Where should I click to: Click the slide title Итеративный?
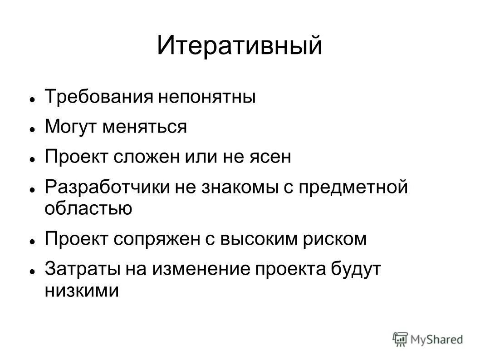pos(240,46)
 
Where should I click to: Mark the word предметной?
pos(353,187)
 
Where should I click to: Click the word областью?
pos(88,208)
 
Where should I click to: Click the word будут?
pos(361,269)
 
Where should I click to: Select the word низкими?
pos(82,290)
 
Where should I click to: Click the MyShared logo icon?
pos(401,338)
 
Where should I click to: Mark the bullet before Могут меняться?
pos(33,128)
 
